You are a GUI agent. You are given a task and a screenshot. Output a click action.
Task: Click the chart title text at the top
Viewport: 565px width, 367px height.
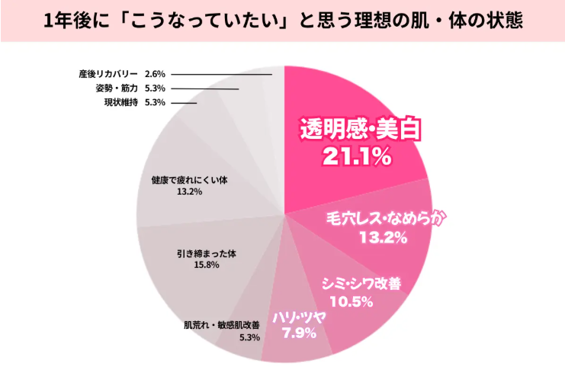[x=283, y=21]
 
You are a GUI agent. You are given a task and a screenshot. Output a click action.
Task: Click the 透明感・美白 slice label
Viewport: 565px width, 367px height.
[x=361, y=129]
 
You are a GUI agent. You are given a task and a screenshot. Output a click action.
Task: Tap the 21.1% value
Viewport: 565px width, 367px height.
[x=357, y=156]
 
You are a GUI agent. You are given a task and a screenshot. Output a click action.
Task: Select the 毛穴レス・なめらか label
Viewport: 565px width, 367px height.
[x=386, y=218]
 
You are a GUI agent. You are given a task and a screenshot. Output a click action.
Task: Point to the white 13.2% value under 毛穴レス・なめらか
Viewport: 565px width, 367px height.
[x=383, y=237]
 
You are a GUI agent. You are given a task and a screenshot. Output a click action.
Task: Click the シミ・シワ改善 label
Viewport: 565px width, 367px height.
[x=361, y=283]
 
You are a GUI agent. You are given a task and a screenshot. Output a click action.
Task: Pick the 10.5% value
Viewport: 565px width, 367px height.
[x=352, y=301]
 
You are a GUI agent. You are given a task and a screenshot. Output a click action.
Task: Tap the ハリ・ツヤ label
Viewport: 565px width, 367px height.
[x=299, y=317]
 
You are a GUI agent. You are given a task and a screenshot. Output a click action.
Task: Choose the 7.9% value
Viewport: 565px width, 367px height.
[x=299, y=333]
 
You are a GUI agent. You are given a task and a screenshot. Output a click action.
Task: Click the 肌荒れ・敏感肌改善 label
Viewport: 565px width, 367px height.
[x=222, y=325]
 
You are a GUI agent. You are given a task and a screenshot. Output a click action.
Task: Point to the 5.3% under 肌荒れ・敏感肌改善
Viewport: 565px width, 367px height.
[x=249, y=337]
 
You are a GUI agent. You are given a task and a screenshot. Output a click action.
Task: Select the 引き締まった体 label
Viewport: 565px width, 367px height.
[x=207, y=254]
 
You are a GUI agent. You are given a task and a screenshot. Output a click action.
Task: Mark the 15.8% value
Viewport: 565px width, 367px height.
[x=207, y=265]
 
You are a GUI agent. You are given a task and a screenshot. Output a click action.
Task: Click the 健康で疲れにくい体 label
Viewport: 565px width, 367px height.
[x=190, y=180]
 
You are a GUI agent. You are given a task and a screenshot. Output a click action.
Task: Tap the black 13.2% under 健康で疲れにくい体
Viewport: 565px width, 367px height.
[x=190, y=192]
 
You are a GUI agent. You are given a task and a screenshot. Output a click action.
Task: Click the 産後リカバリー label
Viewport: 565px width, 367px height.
[x=108, y=74]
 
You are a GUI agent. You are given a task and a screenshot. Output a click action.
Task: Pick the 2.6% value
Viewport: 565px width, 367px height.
[x=155, y=74]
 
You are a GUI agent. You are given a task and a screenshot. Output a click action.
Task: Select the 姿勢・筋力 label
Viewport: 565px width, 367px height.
[x=117, y=88]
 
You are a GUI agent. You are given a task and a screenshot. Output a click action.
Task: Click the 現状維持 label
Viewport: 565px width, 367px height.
[x=121, y=102]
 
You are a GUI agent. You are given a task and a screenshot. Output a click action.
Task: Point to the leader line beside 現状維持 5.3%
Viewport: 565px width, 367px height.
[x=184, y=103]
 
